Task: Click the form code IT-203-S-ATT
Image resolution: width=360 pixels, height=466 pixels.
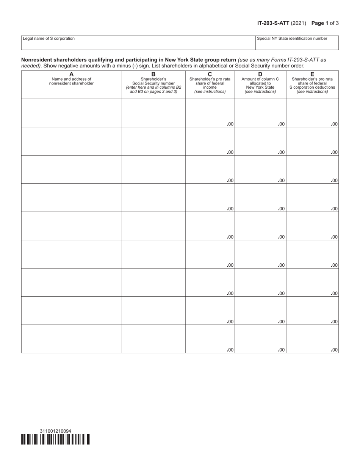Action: (x=273, y=23)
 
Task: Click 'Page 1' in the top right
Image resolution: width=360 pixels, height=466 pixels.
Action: (x=320, y=23)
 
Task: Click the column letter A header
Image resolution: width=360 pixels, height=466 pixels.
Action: (x=71, y=74)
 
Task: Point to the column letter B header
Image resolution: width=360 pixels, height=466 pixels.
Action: (x=153, y=74)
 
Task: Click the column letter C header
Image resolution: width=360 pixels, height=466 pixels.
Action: (x=210, y=74)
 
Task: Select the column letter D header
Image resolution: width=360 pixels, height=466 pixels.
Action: (x=260, y=74)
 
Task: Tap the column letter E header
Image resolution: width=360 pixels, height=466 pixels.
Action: (x=312, y=74)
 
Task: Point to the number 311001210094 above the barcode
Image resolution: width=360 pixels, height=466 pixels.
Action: (x=55, y=431)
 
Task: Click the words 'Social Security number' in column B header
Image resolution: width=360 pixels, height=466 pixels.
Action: (x=153, y=83)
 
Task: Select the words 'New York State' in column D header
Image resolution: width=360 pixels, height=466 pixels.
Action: (x=260, y=88)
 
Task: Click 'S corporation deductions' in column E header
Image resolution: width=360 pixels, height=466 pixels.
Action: (x=312, y=88)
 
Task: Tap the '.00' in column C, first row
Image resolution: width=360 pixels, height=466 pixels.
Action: (x=230, y=124)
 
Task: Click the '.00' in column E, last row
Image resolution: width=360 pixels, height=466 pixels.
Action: (x=334, y=350)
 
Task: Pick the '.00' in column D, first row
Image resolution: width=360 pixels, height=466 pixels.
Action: (x=281, y=124)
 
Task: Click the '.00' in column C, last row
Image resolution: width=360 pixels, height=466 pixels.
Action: (x=230, y=350)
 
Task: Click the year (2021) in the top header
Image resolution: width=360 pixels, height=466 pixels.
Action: (x=299, y=23)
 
